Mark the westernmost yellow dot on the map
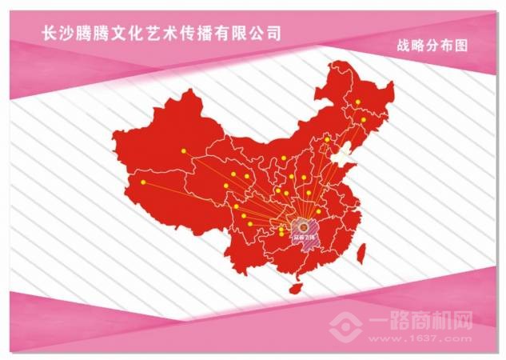143,182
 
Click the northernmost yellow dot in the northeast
358,102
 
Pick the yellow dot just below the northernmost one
364,119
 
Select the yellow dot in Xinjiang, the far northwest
183,150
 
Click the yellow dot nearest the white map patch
327,140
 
